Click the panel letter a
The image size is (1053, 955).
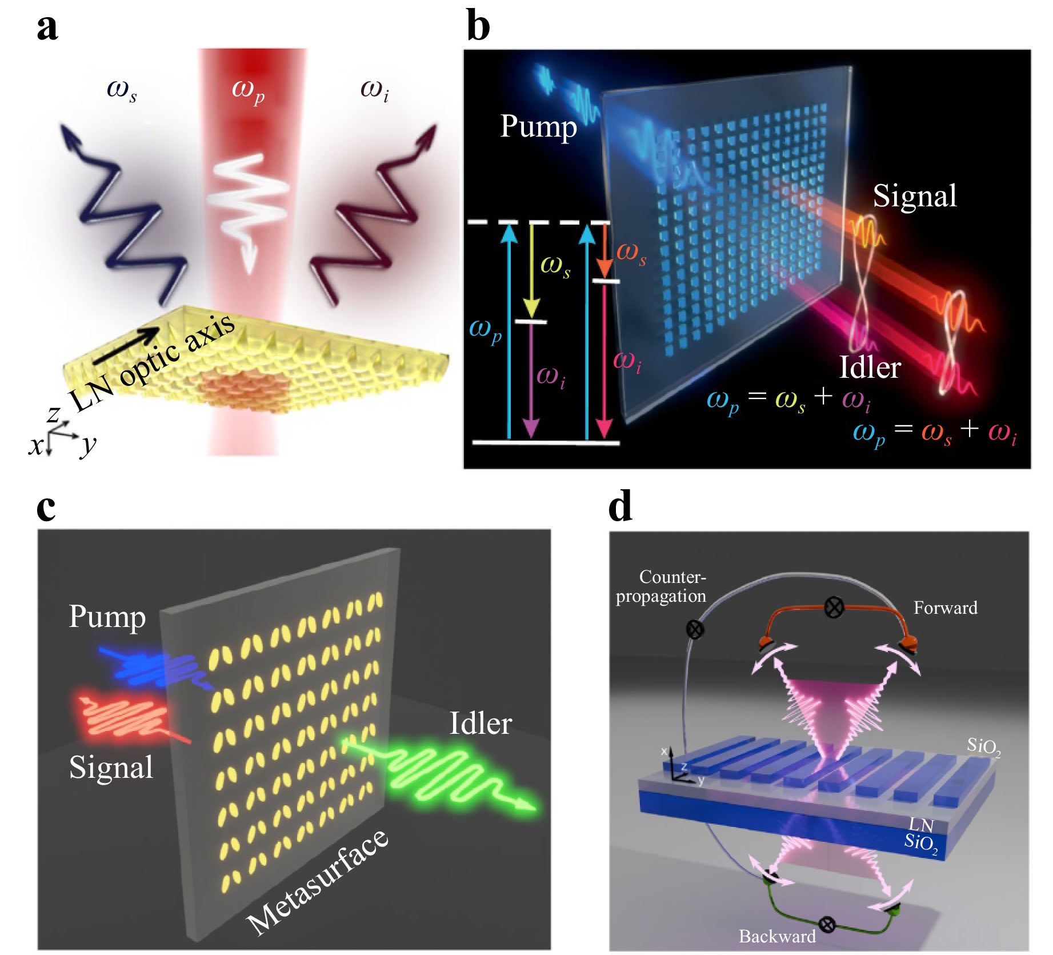(47, 27)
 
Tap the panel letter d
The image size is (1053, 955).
(620, 506)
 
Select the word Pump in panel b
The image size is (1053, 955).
(538, 127)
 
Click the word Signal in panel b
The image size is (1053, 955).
(914, 197)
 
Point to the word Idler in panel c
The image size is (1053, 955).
(481, 724)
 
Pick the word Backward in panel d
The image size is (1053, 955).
(776, 936)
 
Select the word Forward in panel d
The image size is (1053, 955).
(945, 608)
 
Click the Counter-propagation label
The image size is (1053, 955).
(662, 586)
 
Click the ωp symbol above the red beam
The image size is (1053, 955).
(248, 90)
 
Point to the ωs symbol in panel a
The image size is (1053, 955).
(122, 90)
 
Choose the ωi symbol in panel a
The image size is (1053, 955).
(374, 90)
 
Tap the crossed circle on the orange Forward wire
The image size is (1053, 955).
(834, 606)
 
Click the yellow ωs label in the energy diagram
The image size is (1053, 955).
(555, 265)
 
